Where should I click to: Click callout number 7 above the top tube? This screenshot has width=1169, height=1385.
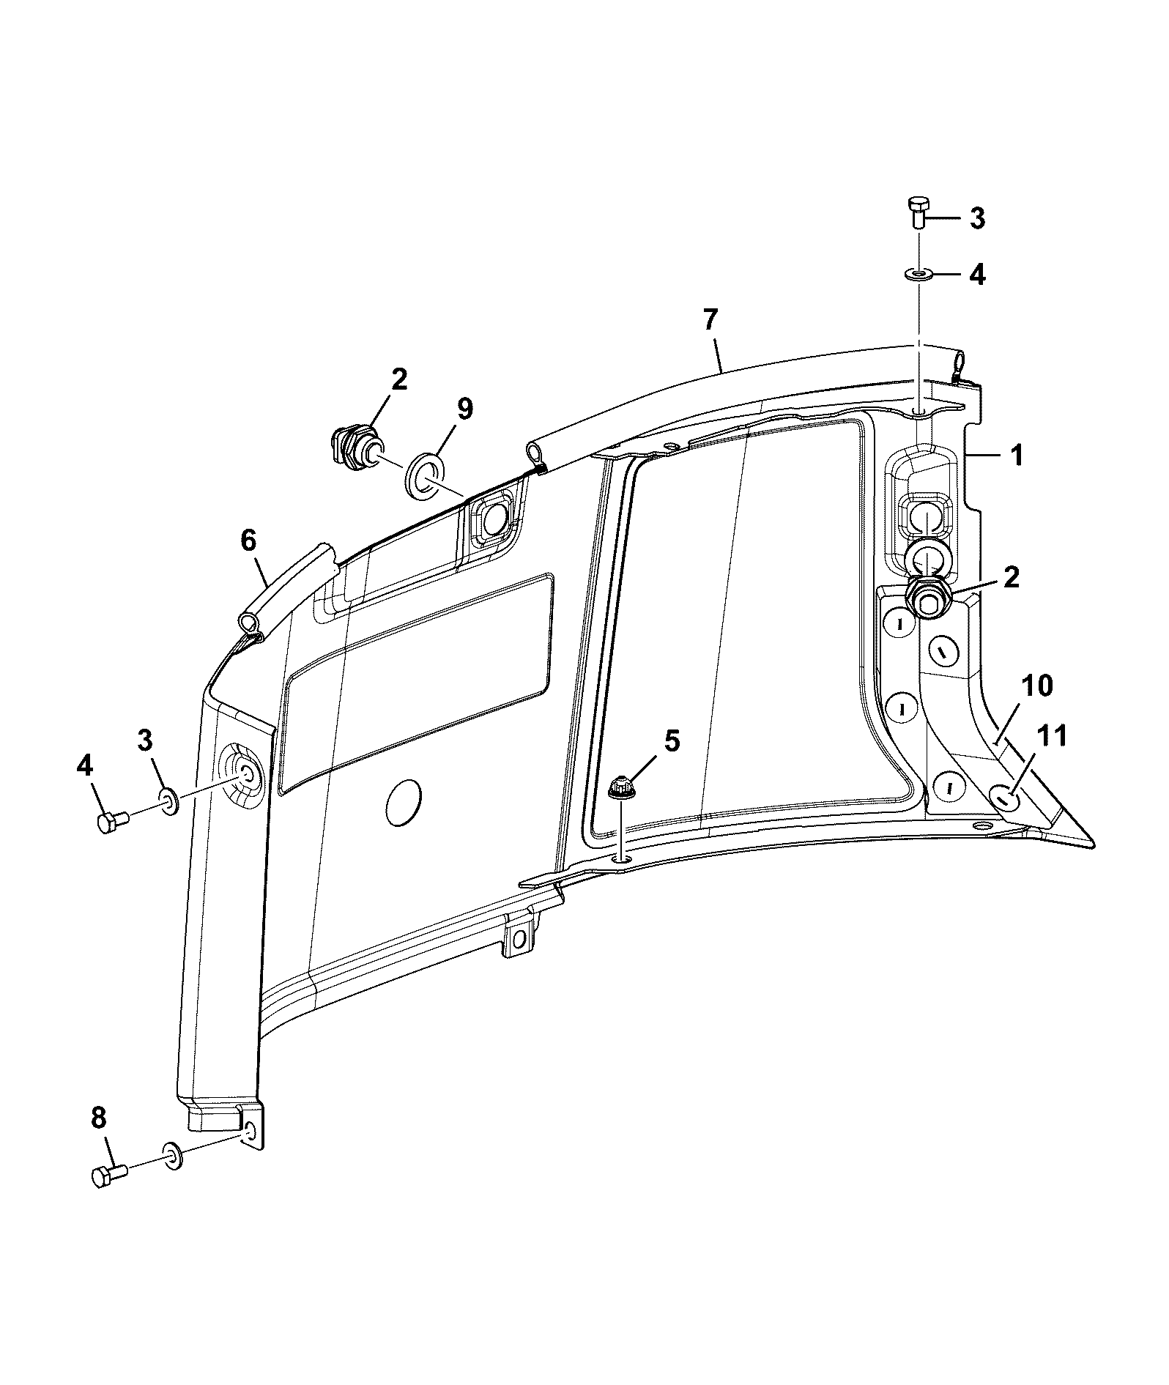(710, 320)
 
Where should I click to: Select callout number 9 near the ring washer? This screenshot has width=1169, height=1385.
(464, 409)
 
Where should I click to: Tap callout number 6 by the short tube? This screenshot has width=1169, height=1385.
(248, 541)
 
